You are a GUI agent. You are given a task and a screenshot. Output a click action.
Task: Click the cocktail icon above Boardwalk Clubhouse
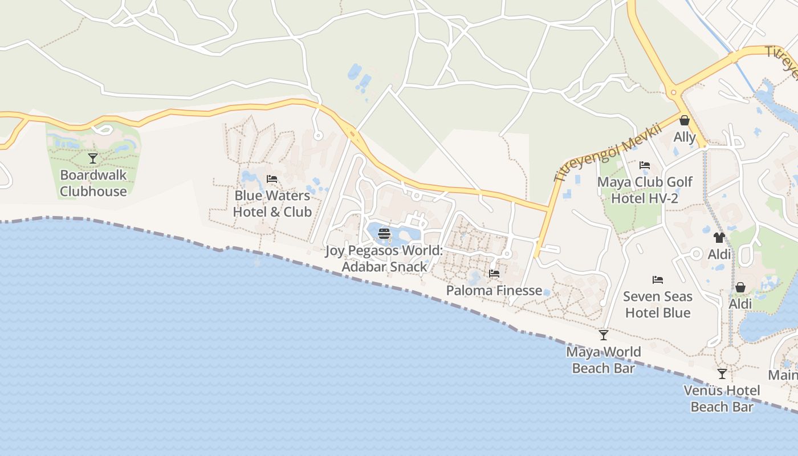coord(93,158)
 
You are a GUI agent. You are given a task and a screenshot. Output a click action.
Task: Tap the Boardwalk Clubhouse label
coord(93,183)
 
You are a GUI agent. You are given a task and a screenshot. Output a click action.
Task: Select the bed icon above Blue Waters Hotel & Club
coord(272,179)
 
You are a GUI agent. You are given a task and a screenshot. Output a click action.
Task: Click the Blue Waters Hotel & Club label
coord(272,203)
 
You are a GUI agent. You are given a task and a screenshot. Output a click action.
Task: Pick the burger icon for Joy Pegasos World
coord(384,233)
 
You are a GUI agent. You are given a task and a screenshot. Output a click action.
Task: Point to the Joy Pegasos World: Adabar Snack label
coord(384,259)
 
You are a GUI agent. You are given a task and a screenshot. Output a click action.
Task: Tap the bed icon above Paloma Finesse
coord(494,274)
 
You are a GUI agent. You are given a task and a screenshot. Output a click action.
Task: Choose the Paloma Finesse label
coord(494,290)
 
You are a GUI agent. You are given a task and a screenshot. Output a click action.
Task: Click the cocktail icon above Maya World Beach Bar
coord(603,335)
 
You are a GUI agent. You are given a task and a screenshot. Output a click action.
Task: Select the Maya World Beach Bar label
coord(603,360)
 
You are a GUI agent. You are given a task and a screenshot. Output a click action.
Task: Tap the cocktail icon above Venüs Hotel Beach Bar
coord(722,374)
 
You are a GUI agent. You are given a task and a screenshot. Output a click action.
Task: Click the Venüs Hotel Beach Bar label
coord(722,398)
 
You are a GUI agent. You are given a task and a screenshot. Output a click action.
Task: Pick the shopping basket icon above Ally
coord(684,120)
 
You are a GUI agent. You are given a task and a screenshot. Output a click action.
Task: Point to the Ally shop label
coord(685,137)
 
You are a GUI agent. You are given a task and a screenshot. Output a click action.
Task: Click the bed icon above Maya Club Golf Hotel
coord(645,165)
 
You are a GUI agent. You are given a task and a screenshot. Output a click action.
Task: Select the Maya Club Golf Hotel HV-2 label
coord(645,190)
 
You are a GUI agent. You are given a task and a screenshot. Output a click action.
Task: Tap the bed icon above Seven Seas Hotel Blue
coord(658,280)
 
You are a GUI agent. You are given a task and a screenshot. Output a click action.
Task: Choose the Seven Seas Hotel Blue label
coord(658,304)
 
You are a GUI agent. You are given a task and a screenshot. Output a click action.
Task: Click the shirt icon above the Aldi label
coord(719,237)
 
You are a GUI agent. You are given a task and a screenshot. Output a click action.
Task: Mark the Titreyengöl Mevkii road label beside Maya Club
coord(608,152)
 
